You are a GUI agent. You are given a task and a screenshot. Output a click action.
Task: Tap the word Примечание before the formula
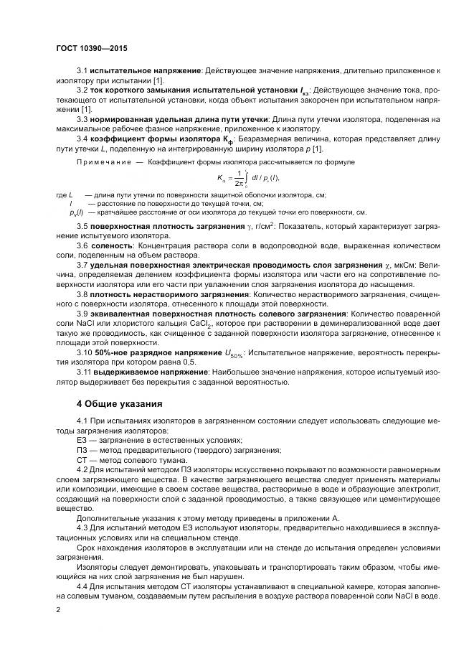tap(101, 162)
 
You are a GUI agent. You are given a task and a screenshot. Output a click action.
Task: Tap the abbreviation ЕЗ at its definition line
tap(81, 439)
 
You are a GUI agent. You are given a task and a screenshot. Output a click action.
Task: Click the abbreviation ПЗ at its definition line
tap(81, 449)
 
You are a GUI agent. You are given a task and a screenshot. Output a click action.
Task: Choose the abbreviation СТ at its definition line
tap(81, 459)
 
